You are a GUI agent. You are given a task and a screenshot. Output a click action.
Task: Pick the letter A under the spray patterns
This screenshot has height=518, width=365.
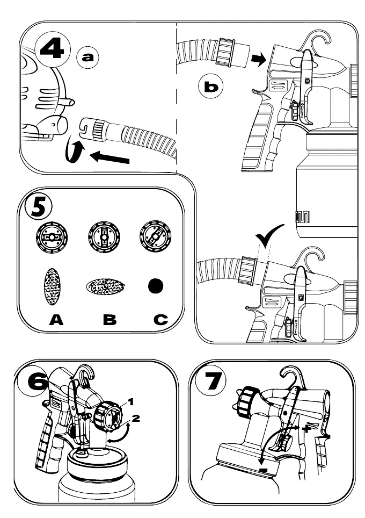56,321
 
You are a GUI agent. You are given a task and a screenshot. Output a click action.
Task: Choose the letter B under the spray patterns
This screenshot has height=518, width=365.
109,321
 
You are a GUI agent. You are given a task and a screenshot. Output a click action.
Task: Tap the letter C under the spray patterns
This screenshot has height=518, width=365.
159,321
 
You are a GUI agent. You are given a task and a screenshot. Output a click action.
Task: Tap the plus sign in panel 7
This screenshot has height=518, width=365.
307,429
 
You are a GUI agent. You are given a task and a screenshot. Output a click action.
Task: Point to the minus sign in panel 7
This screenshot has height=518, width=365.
263,471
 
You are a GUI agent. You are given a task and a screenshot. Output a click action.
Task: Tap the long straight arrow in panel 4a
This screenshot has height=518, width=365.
111,157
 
